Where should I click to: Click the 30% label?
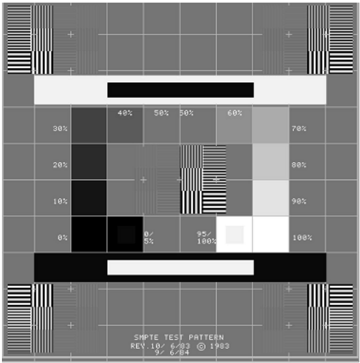60,129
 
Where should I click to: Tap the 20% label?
60,165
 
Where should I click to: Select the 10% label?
60,201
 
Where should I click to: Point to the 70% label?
299,129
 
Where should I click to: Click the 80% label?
299,165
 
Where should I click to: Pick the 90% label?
299,201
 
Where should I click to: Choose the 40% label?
125,113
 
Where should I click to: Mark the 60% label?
235,113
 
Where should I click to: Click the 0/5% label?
149,238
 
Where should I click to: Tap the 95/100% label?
206,238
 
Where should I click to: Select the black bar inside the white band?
181,90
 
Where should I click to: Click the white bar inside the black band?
181,268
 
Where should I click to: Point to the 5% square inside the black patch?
127,235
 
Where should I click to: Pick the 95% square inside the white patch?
235,235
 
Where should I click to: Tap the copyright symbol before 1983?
201,346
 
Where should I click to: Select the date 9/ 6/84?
172,353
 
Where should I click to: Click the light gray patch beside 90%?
271,198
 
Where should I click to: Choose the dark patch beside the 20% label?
89,162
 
